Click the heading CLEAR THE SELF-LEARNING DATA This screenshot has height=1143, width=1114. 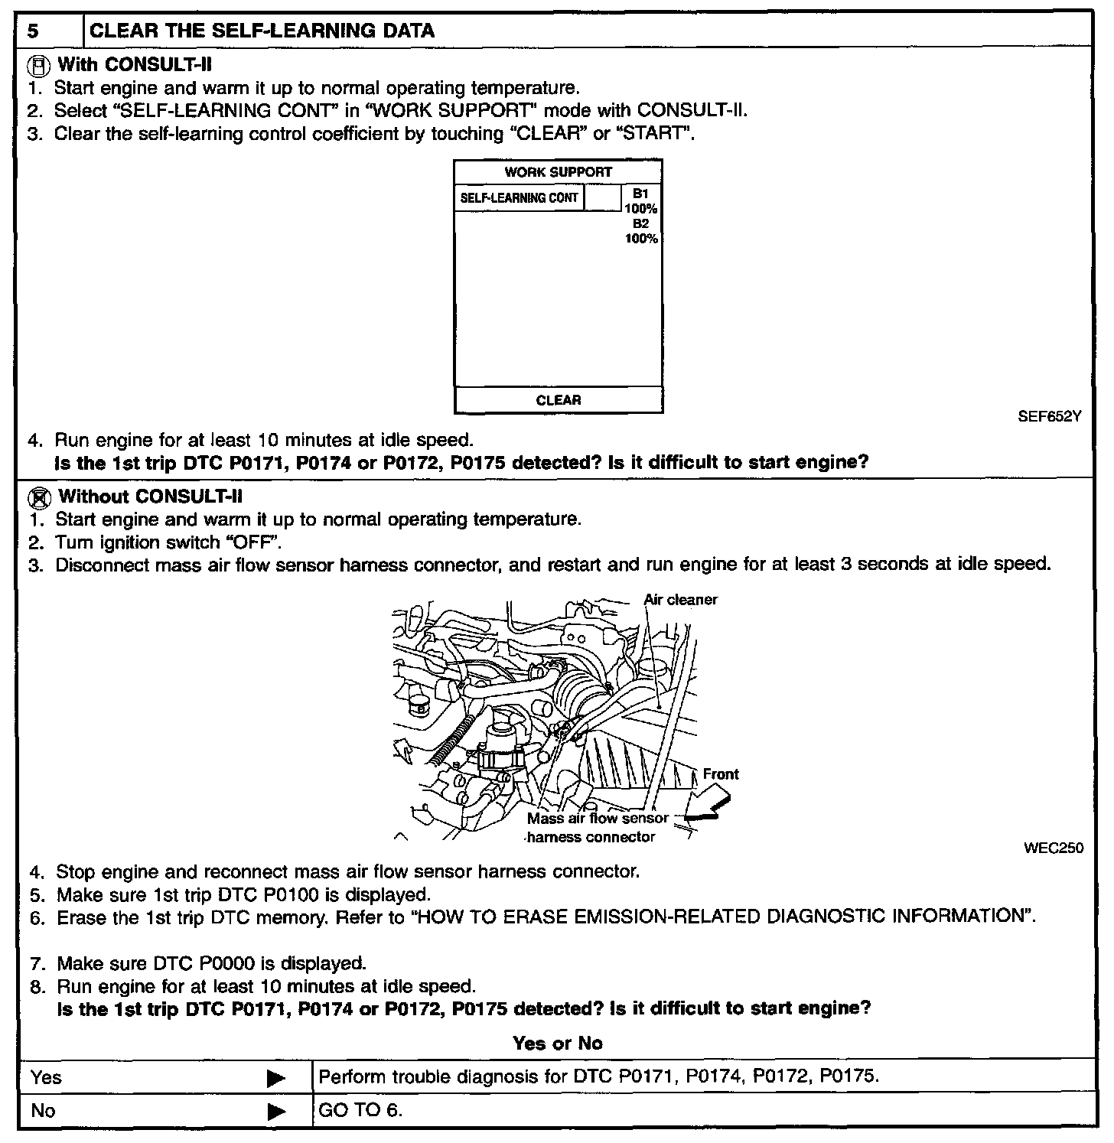(x=262, y=31)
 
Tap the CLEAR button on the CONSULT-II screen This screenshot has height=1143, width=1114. (x=559, y=400)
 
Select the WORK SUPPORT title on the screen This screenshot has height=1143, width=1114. (x=558, y=172)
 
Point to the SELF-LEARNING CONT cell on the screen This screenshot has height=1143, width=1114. (x=519, y=198)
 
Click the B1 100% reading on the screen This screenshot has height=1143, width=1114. (x=641, y=201)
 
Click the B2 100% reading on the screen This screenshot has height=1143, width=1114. (x=641, y=231)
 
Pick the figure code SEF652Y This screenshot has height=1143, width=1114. (x=1050, y=417)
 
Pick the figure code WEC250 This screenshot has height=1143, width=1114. (x=1054, y=848)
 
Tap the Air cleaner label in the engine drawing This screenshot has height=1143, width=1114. (x=681, y=600)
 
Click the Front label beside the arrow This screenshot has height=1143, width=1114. (x=721, y=774)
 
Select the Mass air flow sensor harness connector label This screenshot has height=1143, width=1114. (x=597, y=828)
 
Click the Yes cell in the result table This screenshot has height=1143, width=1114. (x=47, y=1078)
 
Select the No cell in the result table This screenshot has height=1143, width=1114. (x=44, y=1111)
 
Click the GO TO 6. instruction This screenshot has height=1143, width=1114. (x=360, y=1111)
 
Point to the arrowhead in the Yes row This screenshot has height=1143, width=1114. (x=275, y=1079)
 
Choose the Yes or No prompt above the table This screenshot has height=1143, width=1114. (x=557, y=1044)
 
